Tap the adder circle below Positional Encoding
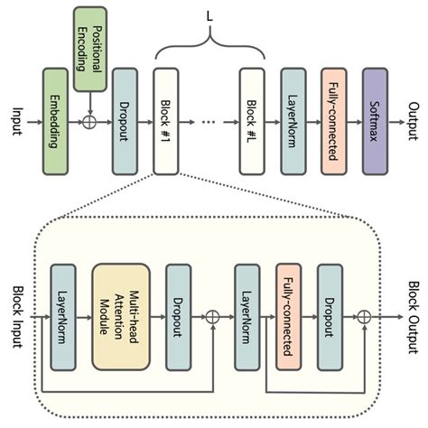pyautogui.click(x=89, y=120)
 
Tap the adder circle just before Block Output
pyautogui.click(x=364, y=317)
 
